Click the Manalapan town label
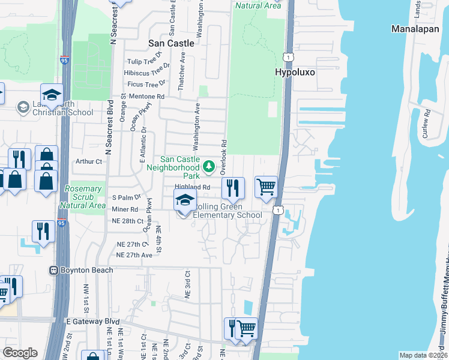pos(416,29)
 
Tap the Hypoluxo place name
pos(295,72)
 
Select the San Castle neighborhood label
pos(172,43)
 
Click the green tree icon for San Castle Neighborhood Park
pos(208,166)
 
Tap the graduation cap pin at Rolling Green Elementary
pos(185,201)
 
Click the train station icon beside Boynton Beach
pos(53,271)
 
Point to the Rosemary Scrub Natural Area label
pos(83,196)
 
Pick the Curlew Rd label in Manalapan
pos(426,124)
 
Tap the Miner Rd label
pos(125,209)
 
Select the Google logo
pos(20,353)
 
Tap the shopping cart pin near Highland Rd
pos(267,187)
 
